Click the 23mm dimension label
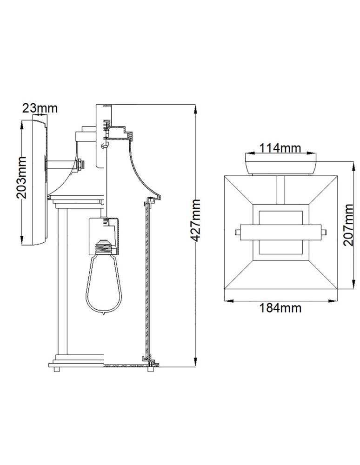pos(40,108)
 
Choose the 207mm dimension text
pos(350,226)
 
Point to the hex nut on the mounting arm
pos(81,164)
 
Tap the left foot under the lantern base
pos(57,370)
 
